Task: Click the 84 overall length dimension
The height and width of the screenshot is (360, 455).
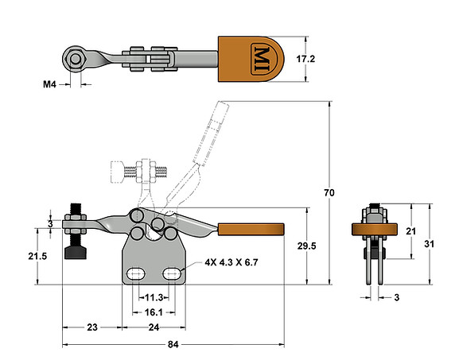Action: (x=173, y=344)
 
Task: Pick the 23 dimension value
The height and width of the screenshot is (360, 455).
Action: (x=91, y=327)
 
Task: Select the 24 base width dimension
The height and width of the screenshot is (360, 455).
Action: (x=154, y=327)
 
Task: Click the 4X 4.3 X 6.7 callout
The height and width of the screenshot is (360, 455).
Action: (x=231, y=261)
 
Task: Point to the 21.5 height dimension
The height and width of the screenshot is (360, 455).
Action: (x=49, y=257)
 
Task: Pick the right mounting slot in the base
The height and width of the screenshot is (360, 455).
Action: (x=173, y=273)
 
